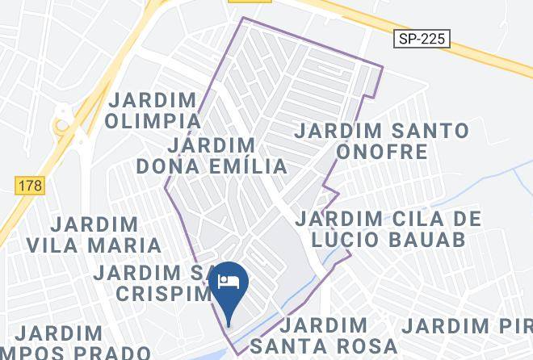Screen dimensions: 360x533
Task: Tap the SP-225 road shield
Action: coord(422,39)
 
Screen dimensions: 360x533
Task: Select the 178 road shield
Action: coord(31,186)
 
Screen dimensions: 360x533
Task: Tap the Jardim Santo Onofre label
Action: coord(381,140)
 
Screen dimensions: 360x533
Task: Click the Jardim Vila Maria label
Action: coord(94,234)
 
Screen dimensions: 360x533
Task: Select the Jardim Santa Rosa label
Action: coord(324,336)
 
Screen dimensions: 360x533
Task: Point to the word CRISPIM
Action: coord(162,293)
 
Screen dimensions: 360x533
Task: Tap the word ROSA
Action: coord(368,346)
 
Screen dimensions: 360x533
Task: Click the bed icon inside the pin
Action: coord(229,282)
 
